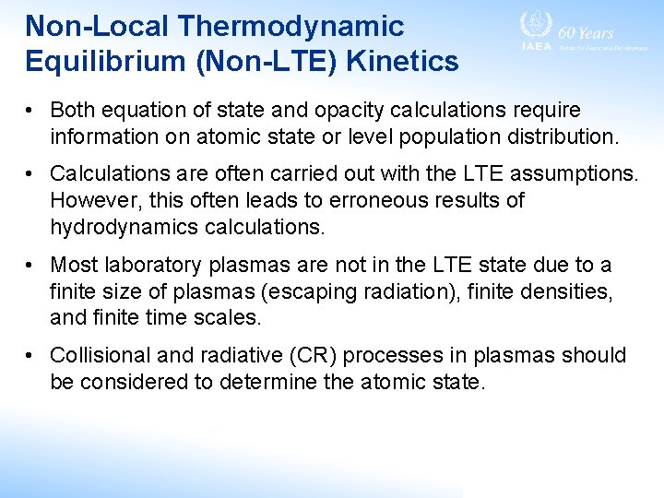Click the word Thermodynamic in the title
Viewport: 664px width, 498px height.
tap(291, 26)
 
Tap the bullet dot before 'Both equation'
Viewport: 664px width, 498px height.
tap(31, 111)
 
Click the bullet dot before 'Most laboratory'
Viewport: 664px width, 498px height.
tap(31, 266)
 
